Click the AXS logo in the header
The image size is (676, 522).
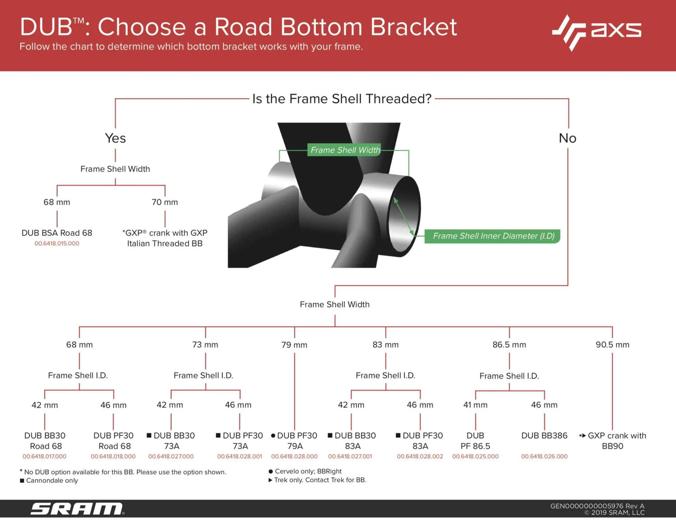[x=597, y=32]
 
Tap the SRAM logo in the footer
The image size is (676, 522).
[x=77, y=508]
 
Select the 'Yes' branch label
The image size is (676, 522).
[x=115, y=138]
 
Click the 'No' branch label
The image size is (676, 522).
[x=567, y=138]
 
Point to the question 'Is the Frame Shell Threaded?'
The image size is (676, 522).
[x=342, y=99]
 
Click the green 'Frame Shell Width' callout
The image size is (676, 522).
[x=345, y=150]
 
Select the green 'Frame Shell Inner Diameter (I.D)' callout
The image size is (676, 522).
[x=493, y=236]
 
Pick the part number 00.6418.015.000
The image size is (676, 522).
[x=57, y=244]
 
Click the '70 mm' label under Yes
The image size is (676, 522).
[x=165, y=202]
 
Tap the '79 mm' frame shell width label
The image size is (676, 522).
[x=294, y=345]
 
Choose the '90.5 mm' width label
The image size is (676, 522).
[x=612, y=345]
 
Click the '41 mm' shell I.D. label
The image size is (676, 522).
[x=475, y=405]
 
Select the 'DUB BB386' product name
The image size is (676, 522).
[x=544, y=436]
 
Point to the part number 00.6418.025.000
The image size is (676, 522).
[x=475, y=457]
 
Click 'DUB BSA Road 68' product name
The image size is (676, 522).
[x=57, y=233]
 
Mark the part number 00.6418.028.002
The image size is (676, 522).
[x=420, y=457]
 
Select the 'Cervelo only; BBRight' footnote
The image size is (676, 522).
[x=308, y=471]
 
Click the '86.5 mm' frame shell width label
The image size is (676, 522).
[x=509, y=345]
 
